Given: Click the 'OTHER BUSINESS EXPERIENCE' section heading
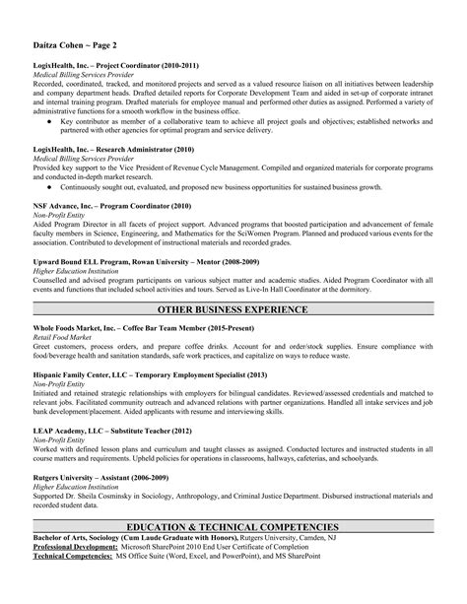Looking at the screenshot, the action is tap(233, 309).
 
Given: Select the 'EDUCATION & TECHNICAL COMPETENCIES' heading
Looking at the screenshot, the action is tap(233, 527).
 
